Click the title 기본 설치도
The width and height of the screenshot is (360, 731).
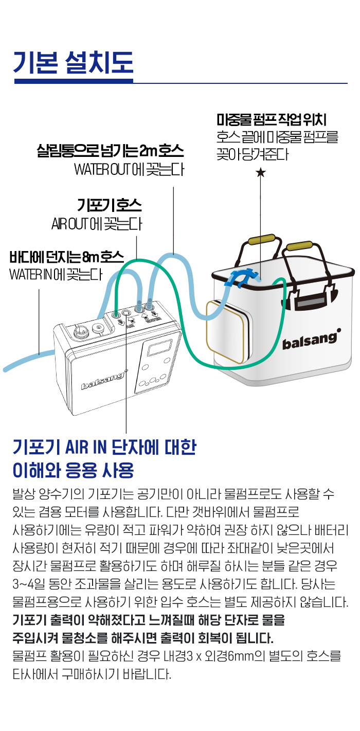[74, 62]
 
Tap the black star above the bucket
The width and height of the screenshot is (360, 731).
[260, 172]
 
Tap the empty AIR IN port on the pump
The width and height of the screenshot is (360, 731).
[126, 313]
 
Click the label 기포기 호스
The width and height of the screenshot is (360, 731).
[110, 206]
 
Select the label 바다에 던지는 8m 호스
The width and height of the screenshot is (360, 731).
[67, 257]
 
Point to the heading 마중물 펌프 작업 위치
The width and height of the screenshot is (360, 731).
[272, 120]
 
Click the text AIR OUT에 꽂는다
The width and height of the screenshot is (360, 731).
[97, 224]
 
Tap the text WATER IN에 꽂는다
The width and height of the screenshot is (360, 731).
[56, 275]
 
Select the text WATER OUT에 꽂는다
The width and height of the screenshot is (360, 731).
[129, 169]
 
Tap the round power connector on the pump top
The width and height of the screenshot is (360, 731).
[79, 332]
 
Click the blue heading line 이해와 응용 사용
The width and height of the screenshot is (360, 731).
[74, 470]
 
